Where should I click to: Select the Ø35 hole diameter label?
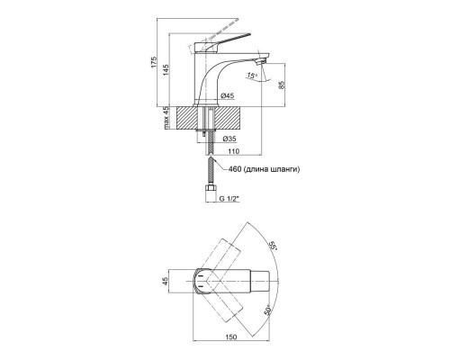pos(229,139)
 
